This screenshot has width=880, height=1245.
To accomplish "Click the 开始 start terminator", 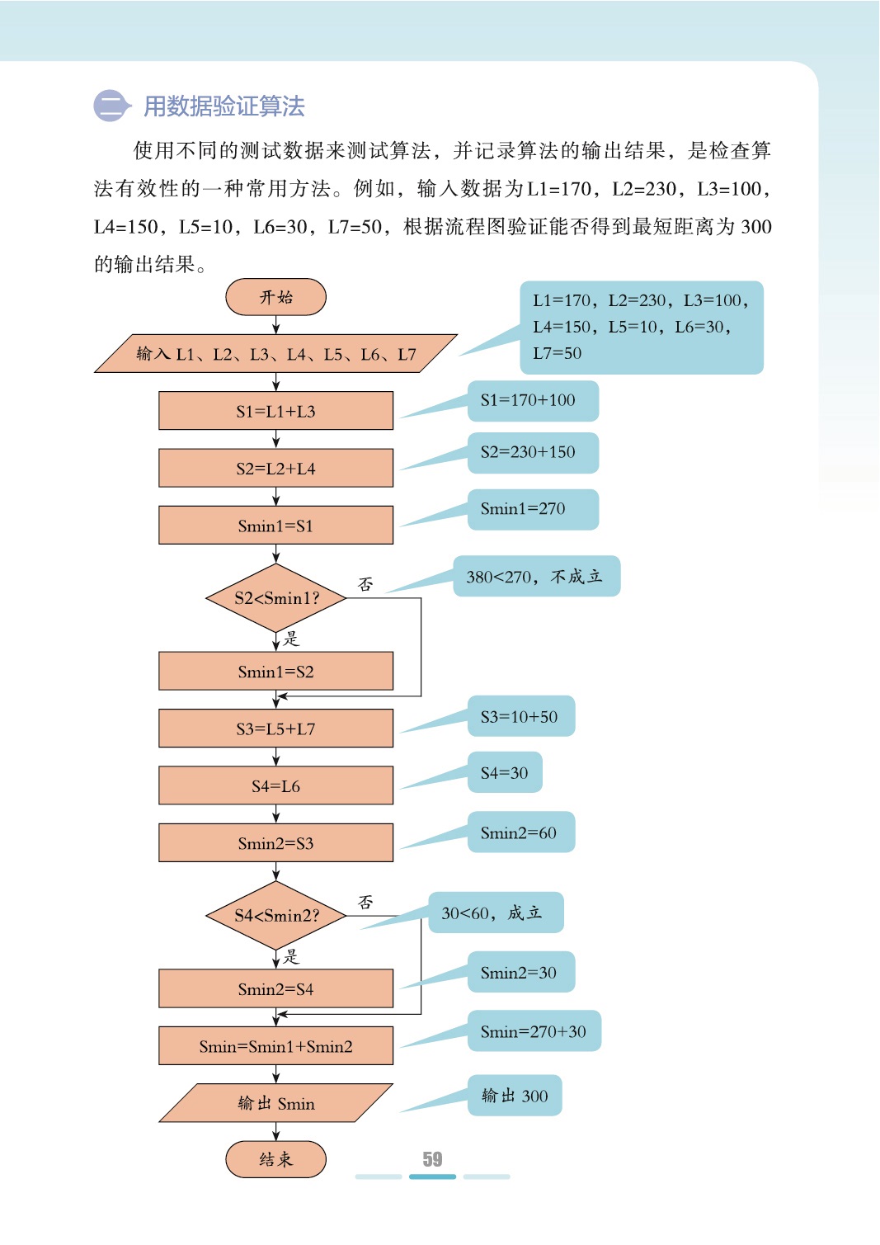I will (x=275, y=297).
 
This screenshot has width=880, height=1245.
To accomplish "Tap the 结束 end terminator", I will (x=275, y=1159).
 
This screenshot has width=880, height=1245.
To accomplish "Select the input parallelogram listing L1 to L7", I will (x=275, y=354).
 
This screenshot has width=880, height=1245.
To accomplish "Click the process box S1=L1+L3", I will (x=275, y=411).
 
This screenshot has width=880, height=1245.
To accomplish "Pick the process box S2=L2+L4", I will (x=275, y=468).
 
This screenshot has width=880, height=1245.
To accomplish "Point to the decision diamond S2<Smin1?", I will (x=275, y=598).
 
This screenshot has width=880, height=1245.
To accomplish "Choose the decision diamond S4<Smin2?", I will (x=275, y=915).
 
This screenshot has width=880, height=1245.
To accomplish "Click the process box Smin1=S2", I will (x=275, y=672).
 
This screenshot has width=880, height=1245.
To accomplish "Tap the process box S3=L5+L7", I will (x=275, y=729).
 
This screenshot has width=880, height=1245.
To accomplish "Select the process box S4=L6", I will (x=275, y=785).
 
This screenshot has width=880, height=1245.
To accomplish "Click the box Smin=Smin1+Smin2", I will (x=275, y=1046).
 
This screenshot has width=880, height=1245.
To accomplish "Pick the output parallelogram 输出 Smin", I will (x=275, y=1103).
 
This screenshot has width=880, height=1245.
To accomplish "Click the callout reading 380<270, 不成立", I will (x=535, y=576).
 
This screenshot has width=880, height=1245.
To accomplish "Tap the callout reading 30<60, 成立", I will (x=495, y=913).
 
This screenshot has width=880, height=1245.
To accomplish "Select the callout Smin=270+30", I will (x=534, y=1031).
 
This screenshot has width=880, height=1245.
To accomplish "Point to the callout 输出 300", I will (x=515, y=1096).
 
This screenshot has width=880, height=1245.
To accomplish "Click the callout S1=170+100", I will (x=532, y=400).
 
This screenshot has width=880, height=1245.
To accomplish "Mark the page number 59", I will (x=432, y=1159).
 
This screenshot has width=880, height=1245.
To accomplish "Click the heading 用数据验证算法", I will (x=224, y=106).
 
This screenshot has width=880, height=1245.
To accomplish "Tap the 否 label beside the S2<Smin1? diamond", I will (x=365, y=584).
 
